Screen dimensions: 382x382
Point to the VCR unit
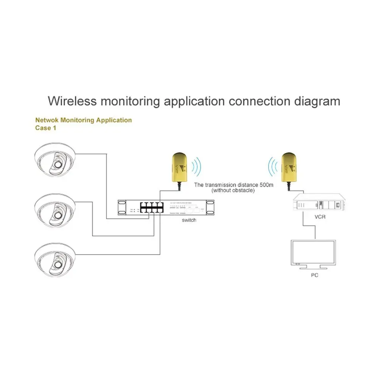320,204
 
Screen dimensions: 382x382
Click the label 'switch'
189,220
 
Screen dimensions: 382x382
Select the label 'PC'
314,275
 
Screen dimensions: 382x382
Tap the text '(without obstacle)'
233,190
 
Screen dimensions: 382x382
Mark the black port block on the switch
151,207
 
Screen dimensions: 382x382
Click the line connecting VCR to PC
315,227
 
